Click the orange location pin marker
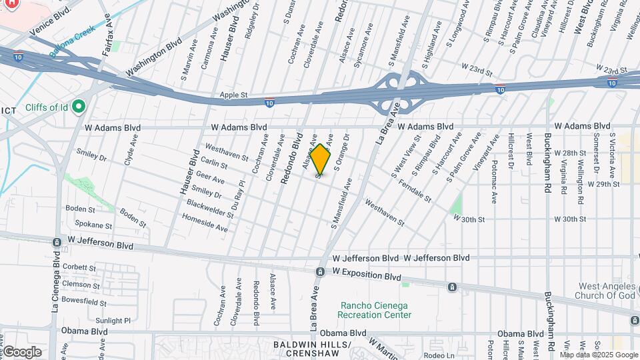321,159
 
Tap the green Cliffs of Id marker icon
79,107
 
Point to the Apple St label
233,95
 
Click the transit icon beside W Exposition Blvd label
321,272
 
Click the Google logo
21,351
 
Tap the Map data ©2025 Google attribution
598,355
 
